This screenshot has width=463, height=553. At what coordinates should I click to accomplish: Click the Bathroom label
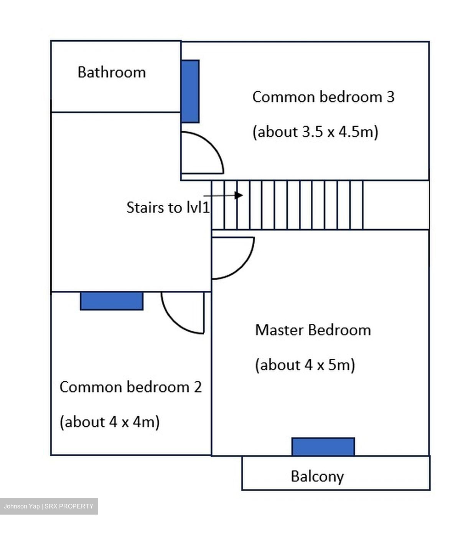[111, 72]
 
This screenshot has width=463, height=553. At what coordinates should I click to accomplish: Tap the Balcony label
[317, 477]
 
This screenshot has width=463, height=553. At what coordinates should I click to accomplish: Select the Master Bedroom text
[313, 330]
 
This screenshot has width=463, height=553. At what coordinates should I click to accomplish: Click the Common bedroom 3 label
[323, 97]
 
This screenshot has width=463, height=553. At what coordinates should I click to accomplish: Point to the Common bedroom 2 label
[131, 387]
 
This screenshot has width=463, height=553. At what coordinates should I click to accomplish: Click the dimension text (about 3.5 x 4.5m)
[315, 132]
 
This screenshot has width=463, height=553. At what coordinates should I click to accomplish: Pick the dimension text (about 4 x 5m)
[305, 365]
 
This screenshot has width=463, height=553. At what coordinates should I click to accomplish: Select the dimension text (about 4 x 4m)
[110, 422]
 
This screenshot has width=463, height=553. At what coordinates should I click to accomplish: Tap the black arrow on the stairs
[223, 195]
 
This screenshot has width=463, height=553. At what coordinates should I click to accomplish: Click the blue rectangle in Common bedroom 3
[190, 91]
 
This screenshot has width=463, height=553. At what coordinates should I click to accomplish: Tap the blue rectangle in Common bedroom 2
[112, 301]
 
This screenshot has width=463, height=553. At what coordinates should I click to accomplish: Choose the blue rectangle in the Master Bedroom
[323, 447]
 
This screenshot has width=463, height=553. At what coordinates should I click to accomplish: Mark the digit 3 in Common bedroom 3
[391, 97]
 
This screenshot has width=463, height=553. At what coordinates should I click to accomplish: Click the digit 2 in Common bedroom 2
[198, 387]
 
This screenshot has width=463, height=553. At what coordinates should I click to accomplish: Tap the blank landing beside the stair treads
[396, 205]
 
